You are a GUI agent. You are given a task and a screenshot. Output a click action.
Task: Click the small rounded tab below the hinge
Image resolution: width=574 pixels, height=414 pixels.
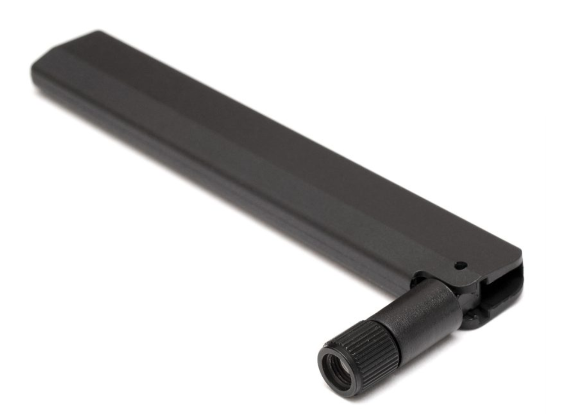point(472,321)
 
